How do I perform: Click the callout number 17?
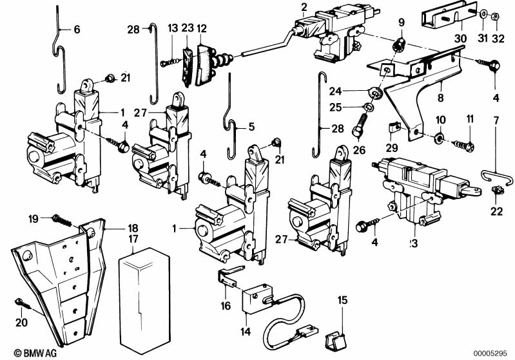pos(133,240)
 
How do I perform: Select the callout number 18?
pos(132,228)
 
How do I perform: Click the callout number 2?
pos(303,7)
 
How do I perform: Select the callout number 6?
pos(77,29)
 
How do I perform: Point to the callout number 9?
pos(401,22)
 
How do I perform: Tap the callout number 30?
pos(460,38)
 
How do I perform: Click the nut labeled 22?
pos(498,189)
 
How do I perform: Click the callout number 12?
pos(202,28)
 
